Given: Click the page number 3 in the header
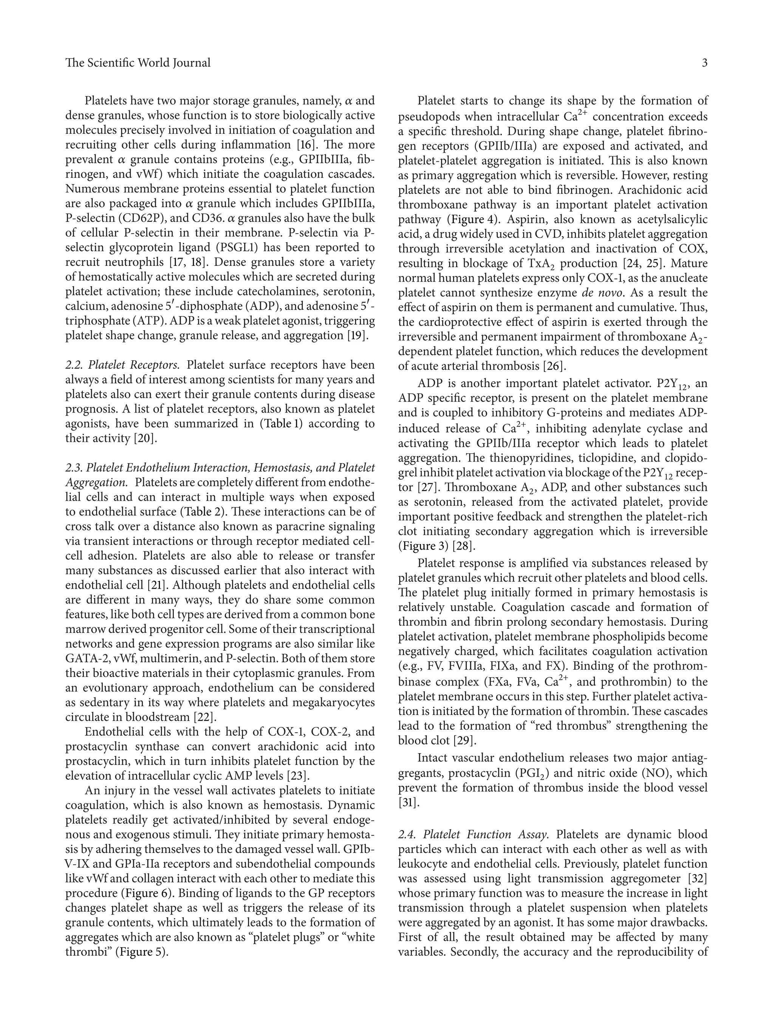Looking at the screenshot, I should tap(704, 63).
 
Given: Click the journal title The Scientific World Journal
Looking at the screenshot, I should tap(138, 63).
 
